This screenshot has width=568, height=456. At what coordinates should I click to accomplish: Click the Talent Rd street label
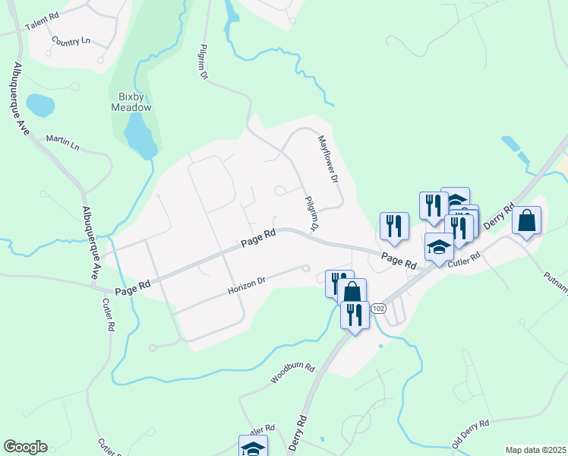42,21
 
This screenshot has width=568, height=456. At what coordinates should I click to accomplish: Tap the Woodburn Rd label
292,372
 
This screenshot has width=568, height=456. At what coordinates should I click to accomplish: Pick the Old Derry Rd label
473,432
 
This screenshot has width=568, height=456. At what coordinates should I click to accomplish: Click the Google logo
25,447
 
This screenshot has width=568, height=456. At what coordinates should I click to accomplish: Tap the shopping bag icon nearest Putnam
527,221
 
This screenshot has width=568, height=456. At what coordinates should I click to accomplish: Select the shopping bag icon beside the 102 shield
352,291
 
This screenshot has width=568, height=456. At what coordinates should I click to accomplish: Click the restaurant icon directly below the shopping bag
355,313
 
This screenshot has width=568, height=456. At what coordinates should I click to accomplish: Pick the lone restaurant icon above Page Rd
394,225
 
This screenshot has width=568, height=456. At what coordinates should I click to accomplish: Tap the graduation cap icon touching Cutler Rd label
439,248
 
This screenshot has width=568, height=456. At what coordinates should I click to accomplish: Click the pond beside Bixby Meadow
140,134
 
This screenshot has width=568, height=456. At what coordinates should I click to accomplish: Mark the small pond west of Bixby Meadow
39,105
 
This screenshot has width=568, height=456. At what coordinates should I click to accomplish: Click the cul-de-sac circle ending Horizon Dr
306,268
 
